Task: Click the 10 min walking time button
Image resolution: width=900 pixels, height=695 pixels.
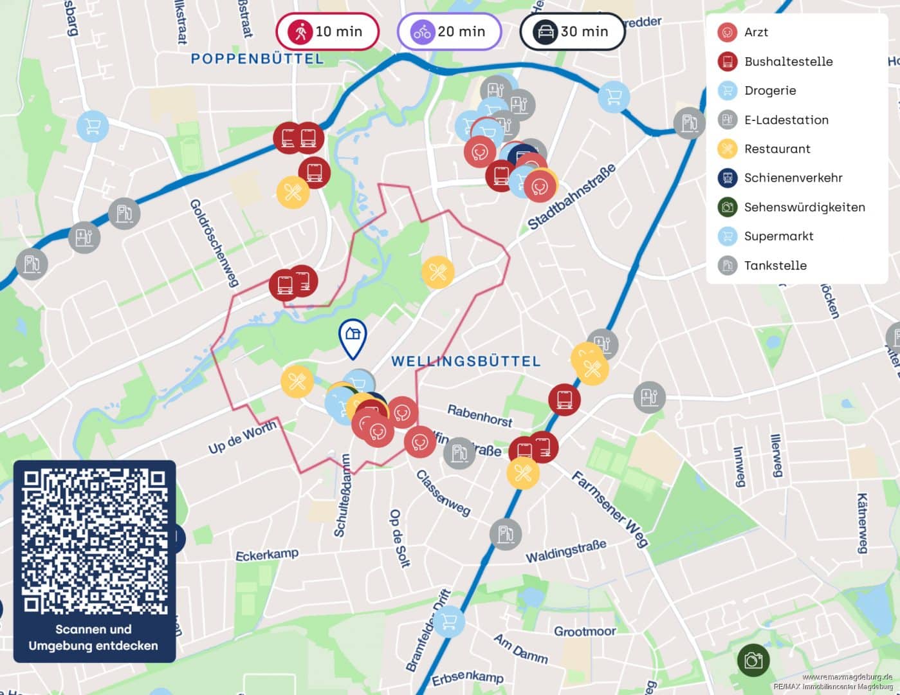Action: (x=327, y=32)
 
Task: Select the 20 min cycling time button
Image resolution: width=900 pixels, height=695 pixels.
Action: (x=449, y=32)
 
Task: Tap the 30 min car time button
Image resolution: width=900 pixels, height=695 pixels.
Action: (x=572, y=32)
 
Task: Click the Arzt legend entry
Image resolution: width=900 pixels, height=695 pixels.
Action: (x=755, y=32)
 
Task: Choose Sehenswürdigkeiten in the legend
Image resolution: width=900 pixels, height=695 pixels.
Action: (x=804, y=207)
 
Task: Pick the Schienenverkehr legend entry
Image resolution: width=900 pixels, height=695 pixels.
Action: (x=793, y=178)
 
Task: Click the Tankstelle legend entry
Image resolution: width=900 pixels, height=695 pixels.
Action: (x=775, y=265)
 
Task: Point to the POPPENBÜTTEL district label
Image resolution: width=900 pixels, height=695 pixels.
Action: (x=257, y=59)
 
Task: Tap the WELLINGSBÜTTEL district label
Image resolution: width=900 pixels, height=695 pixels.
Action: (x=466, y=361)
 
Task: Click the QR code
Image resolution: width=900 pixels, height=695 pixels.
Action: (x=95, y=541)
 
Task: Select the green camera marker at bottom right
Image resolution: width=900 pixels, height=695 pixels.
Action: (x=753, y=660)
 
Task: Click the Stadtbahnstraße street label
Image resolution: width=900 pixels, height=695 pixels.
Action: (x=571, y=197)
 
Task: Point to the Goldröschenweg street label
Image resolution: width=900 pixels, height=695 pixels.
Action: (x=214, y=242)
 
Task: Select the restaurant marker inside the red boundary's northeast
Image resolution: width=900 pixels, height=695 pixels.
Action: (x=437, y=272)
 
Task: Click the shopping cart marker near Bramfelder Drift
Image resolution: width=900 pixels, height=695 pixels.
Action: (x=448, y=621)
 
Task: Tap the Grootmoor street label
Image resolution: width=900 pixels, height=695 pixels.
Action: (x=585, y=631)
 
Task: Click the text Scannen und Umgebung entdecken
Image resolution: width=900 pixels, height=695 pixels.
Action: (x=93, y=637)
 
